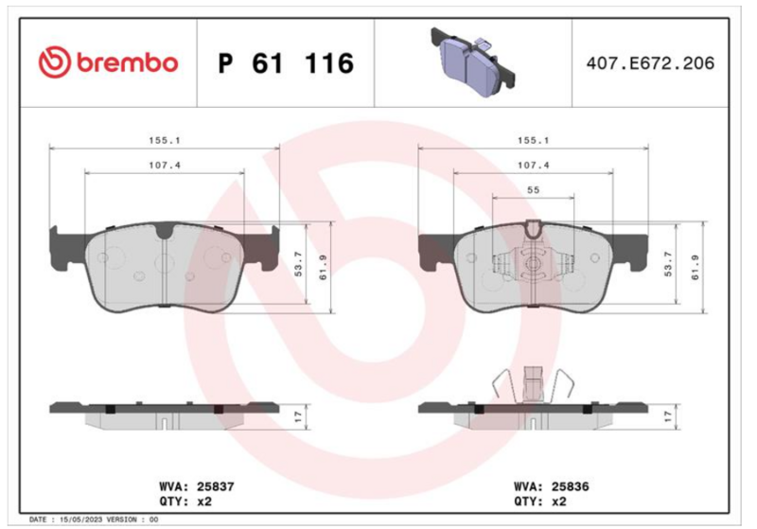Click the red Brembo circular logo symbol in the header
(x=55, y=62)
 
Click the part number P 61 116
(x=287, y=63)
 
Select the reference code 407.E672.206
(x=650, y=63)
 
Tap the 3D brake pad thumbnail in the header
(x=472, y=62)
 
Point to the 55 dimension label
(x=533, y=189)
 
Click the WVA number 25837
(x=216, y=486)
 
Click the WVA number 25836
(x=571, y=486)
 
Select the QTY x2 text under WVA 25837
(x=185, y=502)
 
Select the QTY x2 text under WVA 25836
(x=539, y=502)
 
